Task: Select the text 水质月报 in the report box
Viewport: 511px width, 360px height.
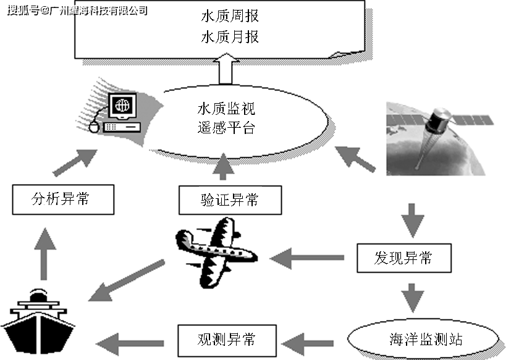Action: click(230, 37)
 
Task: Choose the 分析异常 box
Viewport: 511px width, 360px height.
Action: click(64, 199)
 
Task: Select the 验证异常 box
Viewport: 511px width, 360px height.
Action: click(229, 200)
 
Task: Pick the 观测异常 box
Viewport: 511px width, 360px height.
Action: click(226, 338)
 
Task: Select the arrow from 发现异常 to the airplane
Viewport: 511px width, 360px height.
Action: click(306, 256)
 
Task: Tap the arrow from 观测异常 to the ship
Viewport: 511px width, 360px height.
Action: click(130, 339)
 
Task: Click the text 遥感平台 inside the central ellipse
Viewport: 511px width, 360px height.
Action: click(226, 129)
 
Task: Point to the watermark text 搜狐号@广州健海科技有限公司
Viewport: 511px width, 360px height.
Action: click(78, 10)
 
